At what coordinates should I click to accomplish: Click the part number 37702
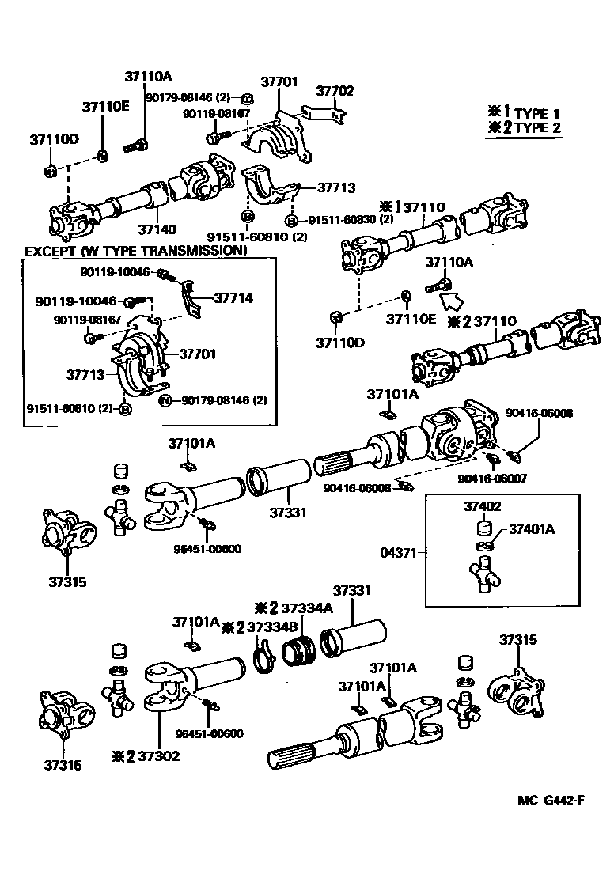coord(335,91)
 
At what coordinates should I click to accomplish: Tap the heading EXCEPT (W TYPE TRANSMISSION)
coord(135,251)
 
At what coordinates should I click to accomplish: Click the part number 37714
coord(233,298)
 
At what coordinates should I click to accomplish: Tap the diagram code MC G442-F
coord(551,798)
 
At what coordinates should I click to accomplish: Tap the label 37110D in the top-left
coord(55,139)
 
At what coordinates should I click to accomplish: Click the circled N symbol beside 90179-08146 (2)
coord(165,400)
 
